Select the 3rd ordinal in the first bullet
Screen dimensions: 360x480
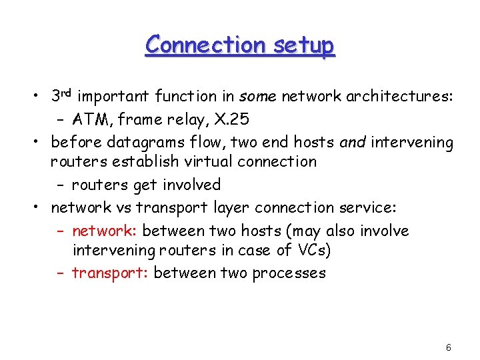tap(65, 96)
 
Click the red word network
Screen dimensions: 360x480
tap(103, 231)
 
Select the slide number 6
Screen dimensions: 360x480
tap(449, 347)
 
